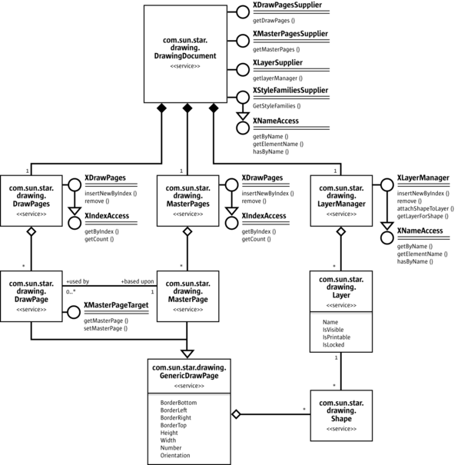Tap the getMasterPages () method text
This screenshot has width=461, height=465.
pos(277,48)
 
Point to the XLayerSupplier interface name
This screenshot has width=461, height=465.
pos(277,63)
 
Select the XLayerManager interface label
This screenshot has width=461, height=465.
pos(423,179)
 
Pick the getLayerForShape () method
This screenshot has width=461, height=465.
pos(423,216)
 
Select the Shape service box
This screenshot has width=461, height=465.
pos(340,414)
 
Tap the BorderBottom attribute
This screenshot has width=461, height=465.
pos(177,402)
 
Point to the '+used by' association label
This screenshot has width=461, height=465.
pos(78,282)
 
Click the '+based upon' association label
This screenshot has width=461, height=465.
pos(137,282)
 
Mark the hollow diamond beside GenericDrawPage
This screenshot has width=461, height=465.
pos(237,414)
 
